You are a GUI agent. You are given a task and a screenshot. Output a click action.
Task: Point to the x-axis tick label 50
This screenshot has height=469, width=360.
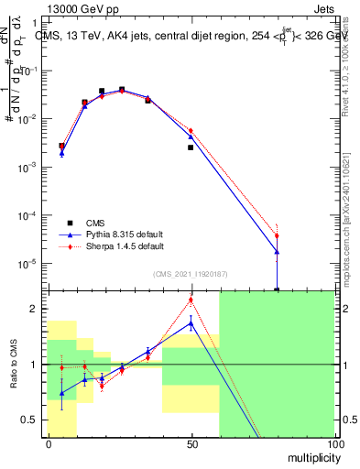(191, 442)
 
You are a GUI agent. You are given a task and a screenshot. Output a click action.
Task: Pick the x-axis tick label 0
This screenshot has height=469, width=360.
(49, 442)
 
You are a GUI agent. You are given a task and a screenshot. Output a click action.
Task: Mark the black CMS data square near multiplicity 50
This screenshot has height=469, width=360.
(191, 147)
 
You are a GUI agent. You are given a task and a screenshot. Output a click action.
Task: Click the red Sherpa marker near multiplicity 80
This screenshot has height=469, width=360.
(277, 236)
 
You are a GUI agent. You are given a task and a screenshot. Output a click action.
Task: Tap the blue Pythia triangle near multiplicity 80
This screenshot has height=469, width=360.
(277, 251)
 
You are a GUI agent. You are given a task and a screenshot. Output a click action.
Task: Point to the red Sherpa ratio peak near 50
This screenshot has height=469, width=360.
(191, 300)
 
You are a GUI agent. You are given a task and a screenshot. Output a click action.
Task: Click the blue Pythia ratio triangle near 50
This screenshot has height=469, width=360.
(191, 322)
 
